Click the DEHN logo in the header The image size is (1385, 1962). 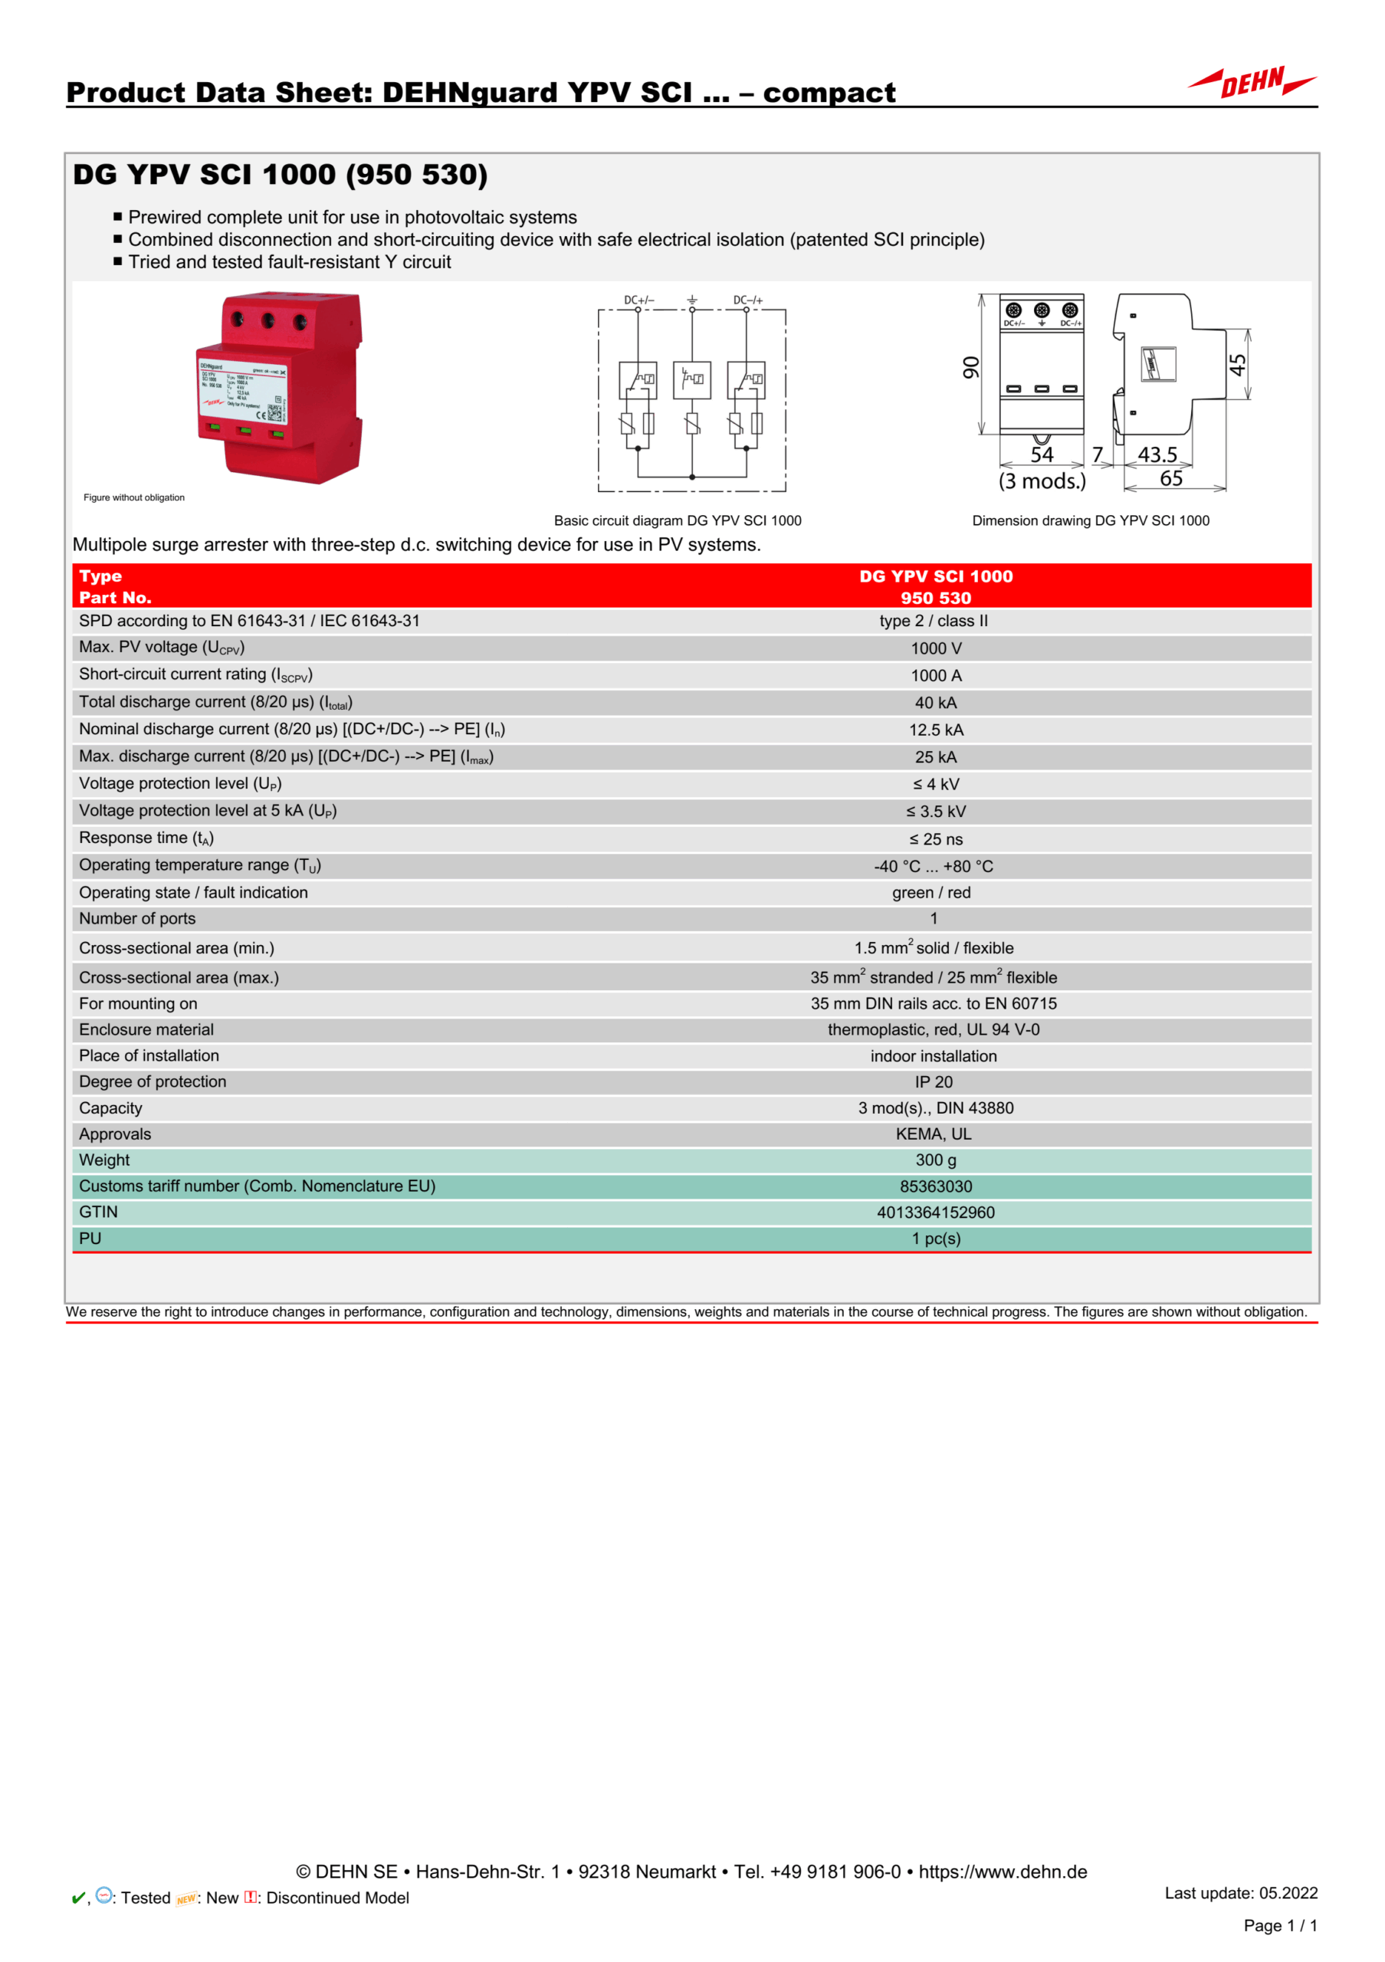(x=1252, y=83)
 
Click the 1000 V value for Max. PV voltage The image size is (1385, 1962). (x=936, y=648)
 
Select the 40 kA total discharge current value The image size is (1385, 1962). (x=936, y=704)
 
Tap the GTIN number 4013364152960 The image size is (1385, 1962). (x=936, y=1212)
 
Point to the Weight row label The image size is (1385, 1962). (x=104, y=1160)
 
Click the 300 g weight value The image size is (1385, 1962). (x=936, y=1160)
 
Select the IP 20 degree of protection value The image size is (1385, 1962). (x=933, y=1083)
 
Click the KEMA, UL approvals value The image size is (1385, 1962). (x=933, y=1135)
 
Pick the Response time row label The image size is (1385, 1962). (x=146, y=838)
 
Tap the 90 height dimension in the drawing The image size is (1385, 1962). (x=971, y=367)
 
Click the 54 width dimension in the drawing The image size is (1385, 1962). (x=1042, y=454)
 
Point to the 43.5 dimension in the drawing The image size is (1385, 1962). (x=1157, y=454)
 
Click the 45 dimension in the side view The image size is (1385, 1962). (x=1238, y=365)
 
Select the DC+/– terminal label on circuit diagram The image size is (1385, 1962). (x=638, y=300)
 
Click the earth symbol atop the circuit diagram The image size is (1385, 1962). (x=692, y=300)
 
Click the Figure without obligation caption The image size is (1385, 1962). (x=134, y=497)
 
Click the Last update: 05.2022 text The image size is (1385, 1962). (x=1241, y=1893)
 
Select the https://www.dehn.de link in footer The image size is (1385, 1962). (x=1003, y=1872)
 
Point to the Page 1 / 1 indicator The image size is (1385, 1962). (x=1280, y=1925)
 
